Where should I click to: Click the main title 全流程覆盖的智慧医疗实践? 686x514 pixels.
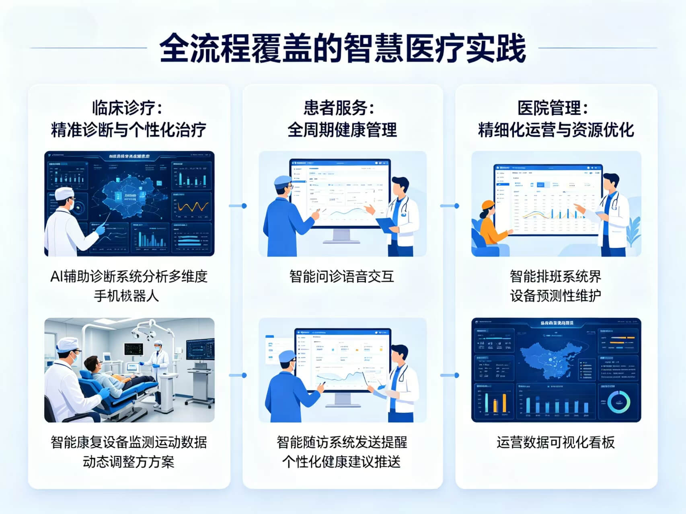[343, 48]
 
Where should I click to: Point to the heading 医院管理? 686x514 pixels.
[553, 108]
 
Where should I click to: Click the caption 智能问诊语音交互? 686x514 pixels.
[342, 276]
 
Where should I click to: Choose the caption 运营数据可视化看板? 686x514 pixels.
[556, 442]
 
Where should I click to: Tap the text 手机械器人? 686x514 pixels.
[126, 296]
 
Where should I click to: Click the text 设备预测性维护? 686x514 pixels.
[556, 296]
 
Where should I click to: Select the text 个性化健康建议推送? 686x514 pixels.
[341, 462]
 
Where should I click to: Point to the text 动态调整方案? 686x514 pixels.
[128, 462]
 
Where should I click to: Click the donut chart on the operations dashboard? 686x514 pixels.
[618, 402]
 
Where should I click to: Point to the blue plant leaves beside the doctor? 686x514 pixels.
[633, 231]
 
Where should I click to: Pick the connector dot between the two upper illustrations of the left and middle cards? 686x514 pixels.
[244, 206]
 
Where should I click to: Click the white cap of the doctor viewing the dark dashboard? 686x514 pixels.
[64, 194]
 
